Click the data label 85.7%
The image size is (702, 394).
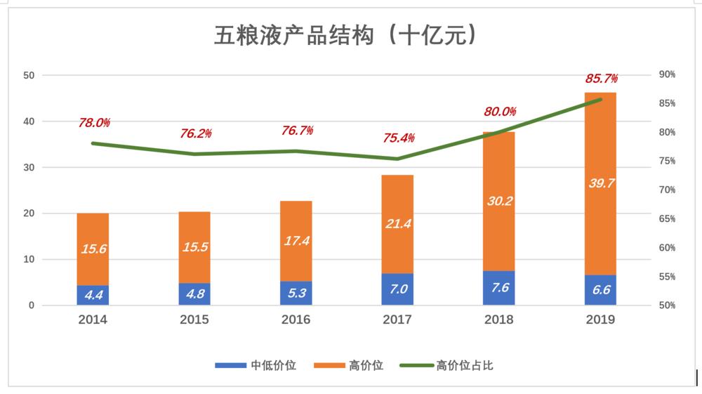pyautogui.click(x=602, y=79)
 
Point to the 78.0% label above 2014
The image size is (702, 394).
pyautogui.click(x=94, y=123)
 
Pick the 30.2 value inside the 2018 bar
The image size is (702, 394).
pyautogui.click(x=498, y=201)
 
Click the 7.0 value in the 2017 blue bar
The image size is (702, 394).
pyautogui.click(x=397, y=289)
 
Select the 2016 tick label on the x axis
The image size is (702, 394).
pyautogui.click(x=296, y=320)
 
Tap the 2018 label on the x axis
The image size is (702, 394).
pyautogui.click(x=498, y=320)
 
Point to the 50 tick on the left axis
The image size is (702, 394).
pyautogui.click(x=29, y=75)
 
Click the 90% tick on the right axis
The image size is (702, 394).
pyautogui.click(x=667, y=74)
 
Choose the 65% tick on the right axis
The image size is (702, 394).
pyautogui.click(x=667, y=219)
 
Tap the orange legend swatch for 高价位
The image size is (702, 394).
pyautogui.click(x=328, y=365)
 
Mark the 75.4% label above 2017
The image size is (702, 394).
pyautogui.click(x=399, y=138)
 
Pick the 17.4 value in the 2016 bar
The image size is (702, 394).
pyautogui.click(x=296, y=241)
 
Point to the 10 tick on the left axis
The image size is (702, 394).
pyautogui.click(x=29, y=259)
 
